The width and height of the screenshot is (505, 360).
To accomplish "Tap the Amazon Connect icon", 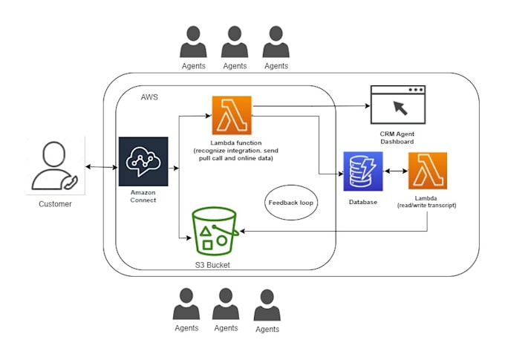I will click(x=143, y=161).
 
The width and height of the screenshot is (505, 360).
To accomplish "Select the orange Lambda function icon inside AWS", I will click(x=232, y=116).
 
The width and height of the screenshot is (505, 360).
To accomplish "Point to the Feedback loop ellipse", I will click(x=291, y=203).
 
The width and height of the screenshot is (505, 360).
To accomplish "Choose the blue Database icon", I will click(x=363, y=171).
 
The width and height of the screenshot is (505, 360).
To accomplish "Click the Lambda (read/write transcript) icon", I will click(x=428, y=171).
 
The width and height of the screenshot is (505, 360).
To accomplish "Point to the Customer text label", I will click(x=55, y=203).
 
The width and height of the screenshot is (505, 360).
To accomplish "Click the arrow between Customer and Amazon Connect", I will click(x=102, y=167).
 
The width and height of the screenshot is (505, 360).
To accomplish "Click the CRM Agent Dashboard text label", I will click(x=398, y=137).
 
